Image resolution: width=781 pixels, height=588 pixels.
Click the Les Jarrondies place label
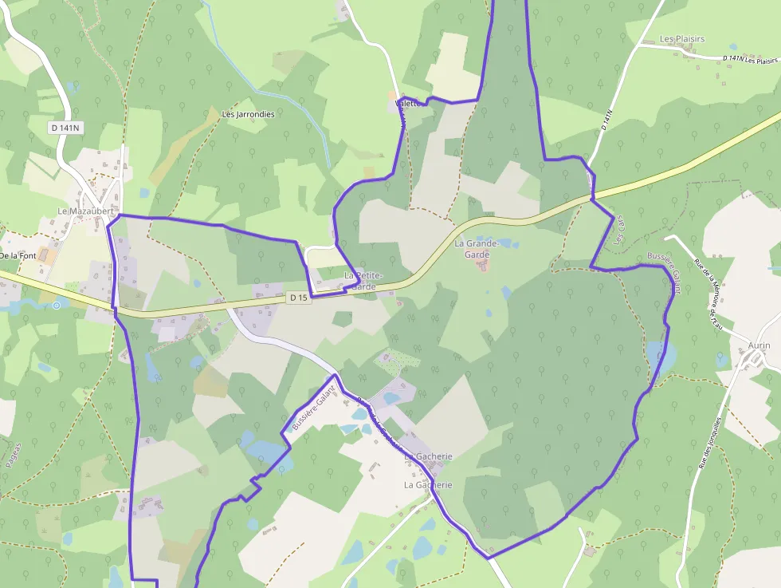point(249,114)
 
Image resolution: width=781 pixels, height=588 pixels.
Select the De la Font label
point(18,256)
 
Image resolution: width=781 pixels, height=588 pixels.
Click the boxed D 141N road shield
point(65,127)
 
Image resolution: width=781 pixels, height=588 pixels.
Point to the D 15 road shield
point(298,298)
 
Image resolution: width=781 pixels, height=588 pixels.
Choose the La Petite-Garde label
point(363,281)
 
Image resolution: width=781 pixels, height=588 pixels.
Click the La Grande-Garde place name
point(477,248)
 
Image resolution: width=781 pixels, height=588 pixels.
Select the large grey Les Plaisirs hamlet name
point(682,39)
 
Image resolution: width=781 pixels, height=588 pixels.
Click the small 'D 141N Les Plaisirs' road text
point(750,60)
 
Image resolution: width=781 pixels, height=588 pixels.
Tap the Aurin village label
point(759,345)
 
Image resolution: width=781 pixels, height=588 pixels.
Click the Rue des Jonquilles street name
point(710,442)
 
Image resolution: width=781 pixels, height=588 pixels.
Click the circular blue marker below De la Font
point(56,305)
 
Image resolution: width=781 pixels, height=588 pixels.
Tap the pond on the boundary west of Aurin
point(661,356)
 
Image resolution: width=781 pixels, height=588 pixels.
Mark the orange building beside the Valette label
point(392,96)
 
